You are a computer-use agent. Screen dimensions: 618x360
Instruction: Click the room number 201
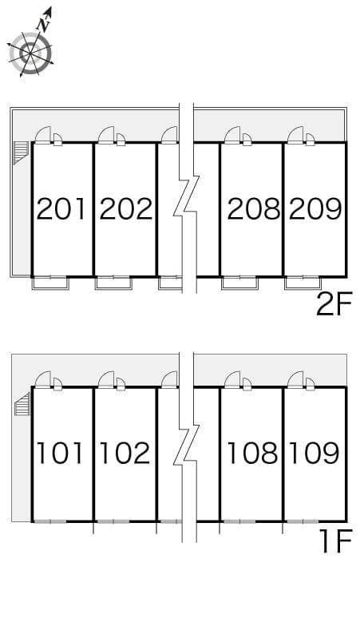(61, 209)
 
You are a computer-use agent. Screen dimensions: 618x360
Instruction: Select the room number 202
(125, 209)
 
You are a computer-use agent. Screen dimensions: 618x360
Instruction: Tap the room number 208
(253, 209)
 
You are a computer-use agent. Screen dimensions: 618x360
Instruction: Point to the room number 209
(315, 209)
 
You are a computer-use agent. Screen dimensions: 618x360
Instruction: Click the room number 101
(61, 453)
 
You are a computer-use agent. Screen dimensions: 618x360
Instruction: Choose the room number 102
(125, 453)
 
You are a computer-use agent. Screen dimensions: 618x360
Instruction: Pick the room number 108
(253, 453)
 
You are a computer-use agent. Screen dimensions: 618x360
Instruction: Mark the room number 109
(315, 453)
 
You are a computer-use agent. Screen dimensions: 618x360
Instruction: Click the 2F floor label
(334, 304)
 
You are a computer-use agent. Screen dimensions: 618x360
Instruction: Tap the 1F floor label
(335, 544)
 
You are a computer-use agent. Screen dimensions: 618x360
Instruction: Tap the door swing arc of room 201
(45, 135)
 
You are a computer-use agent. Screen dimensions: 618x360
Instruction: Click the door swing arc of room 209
(297, 135)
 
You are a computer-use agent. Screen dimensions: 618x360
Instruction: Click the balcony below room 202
(113, 282)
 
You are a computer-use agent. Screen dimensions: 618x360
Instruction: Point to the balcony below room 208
(239, 282)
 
